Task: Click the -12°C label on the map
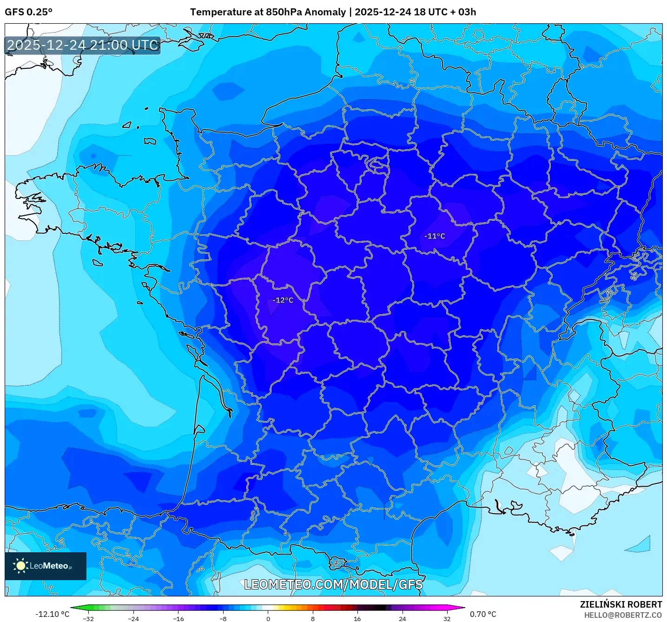[283, 300]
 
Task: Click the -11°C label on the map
[435, 236]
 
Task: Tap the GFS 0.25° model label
[28, 12]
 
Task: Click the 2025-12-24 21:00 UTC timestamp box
[83, 45]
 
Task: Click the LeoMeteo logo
[46, 566]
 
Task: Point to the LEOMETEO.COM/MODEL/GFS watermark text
[333, 584]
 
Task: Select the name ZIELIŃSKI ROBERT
[621, 604]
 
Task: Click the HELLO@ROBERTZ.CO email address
[623, 615]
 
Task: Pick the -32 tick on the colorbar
[88, 618]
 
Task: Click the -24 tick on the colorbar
[133, 618]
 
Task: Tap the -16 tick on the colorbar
[178, 618]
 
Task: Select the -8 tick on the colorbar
[223, 618]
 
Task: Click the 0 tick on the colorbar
[268, 618]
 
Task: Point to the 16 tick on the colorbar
[357, 618]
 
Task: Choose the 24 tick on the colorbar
[402, 618]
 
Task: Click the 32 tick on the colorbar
[447, 618]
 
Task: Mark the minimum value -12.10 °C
[52, 614]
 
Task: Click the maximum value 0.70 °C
[483, 614]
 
